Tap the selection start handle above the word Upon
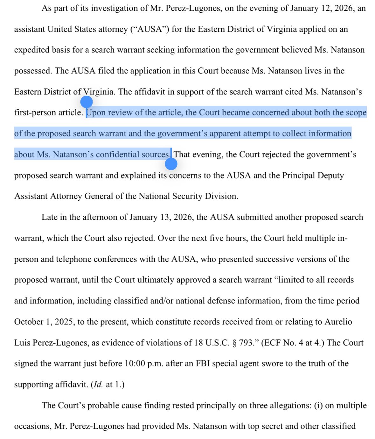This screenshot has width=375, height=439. [x=87, y=102]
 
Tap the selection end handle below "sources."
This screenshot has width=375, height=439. [x=171, y=164]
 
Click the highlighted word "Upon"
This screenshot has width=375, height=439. [x=96, y=113]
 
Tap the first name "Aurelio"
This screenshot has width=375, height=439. [x=338, y=322]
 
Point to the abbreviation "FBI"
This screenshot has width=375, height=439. [x=203, y=364]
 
